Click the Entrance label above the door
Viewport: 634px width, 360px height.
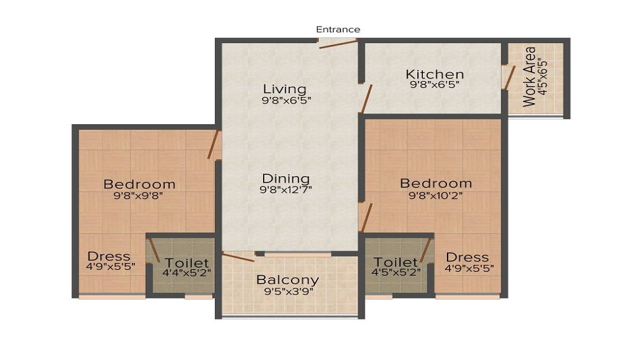338,29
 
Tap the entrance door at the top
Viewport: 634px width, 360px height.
338,43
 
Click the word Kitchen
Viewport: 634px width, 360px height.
434,74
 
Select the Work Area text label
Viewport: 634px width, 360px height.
529,77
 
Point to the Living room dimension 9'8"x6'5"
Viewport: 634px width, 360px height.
285,100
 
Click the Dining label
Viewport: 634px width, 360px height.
285,178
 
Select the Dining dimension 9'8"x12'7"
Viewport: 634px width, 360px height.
285,190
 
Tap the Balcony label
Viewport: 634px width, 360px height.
287,280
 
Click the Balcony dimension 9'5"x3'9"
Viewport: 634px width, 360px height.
287,292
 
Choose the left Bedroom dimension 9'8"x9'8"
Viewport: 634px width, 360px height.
139,196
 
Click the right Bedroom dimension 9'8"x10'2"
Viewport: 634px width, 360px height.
436,195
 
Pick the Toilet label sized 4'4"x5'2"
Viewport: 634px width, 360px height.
187,262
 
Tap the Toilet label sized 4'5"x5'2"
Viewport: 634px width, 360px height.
396,262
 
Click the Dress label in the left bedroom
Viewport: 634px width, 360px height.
109,257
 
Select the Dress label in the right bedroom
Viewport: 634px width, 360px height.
467,257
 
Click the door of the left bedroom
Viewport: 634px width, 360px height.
214,145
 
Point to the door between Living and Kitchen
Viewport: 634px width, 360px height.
365,100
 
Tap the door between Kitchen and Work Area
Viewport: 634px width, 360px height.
508,76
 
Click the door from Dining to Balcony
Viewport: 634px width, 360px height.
239,257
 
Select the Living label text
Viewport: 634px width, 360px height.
285,89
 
